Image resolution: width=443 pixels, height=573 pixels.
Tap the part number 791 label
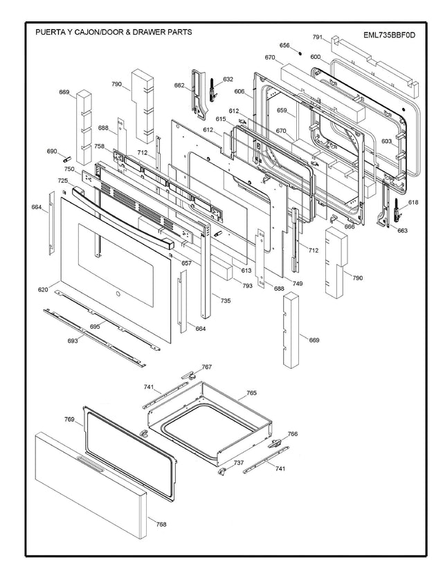tap(318, 37)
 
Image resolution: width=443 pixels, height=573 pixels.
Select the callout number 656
tap(284, 46)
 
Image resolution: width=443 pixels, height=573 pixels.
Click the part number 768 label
tap(161, 524)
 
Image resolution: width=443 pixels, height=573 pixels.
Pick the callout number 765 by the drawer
tap(251, 393)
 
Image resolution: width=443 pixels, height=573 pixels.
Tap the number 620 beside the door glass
tap(43, 289)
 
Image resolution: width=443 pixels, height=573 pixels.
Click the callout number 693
tap(72, 341)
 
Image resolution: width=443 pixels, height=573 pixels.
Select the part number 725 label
tap(62, 181)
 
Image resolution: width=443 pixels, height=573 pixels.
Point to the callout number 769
tap(69, 419)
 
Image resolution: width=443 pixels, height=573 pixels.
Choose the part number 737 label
tap(238, 462)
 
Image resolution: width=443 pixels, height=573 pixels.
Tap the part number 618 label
tap(413, 202)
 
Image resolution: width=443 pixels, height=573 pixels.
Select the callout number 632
tap(228, 79)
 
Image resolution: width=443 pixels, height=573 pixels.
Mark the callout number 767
tap(206, 367)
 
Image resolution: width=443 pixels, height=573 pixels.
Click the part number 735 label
tap(225, 300)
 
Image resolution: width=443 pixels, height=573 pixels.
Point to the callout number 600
tap(315, 57)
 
